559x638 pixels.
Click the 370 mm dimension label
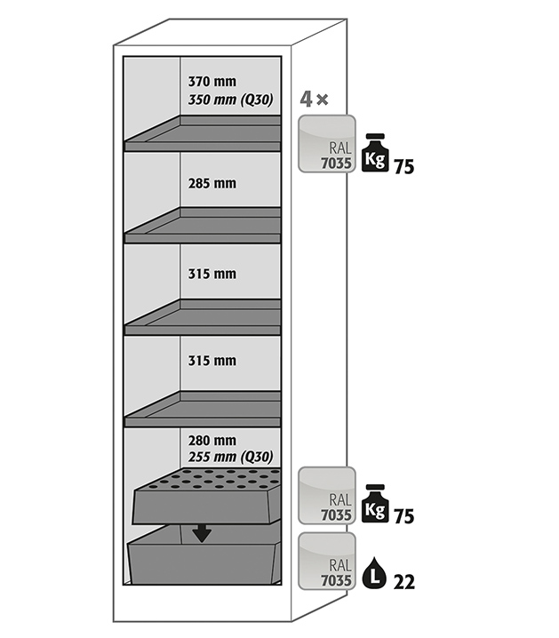(x=212, y=82)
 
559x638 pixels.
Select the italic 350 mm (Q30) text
(x=230, y=99)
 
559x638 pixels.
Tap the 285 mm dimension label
(x=212, y=184)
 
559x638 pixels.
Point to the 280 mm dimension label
(x=212, y=440)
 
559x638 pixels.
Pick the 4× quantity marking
(x=315, y=99)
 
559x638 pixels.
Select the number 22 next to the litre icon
(x=403, y=582)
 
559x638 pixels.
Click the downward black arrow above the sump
(x=203, y=531)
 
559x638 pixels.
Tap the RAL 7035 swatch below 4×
(x=327, y=144)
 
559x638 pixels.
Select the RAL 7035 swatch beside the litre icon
(x=327, y=562)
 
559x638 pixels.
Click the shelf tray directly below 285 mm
(x=204, y=226)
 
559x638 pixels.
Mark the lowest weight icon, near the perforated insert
(x=376, y=503)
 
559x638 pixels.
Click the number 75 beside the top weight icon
(x=403, y=166)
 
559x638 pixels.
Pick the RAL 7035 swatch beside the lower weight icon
(x=327, y=495)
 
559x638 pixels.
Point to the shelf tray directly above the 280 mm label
(x=204, y=408)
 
